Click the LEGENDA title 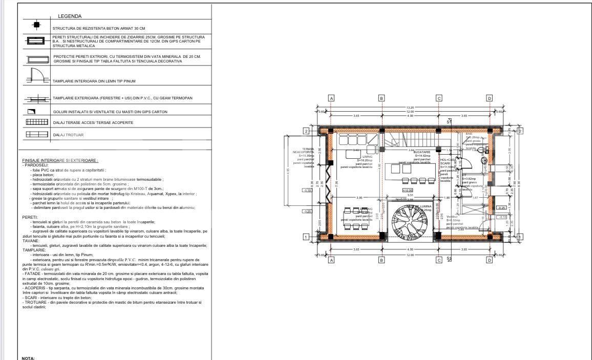[x=70, y=16]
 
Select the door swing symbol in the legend [x=36, y=76]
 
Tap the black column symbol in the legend [x=36, y=25]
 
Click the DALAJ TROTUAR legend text [x=68, y=135]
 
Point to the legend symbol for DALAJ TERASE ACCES [x=36, y=122]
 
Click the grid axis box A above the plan [x=331, y=98]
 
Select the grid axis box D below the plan [x=489, y=260]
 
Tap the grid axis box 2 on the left [x=306, y=131]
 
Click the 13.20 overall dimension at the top [x=410, y=108]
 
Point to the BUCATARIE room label [x=422, y=152]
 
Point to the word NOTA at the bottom [x=28, y=358]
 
